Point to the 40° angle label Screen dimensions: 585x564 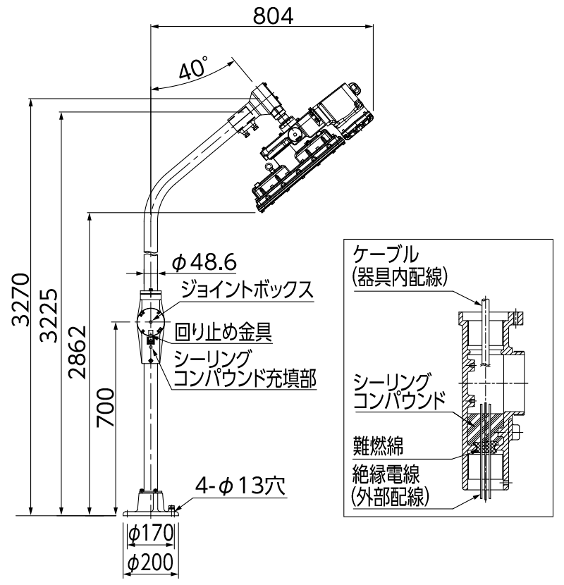pos(192,69)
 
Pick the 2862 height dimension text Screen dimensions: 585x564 pos(78,352)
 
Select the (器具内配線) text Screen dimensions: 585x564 pos(399,277)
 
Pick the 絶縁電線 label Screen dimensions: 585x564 pos(391,474)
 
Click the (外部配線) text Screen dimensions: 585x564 pos(391,497)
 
